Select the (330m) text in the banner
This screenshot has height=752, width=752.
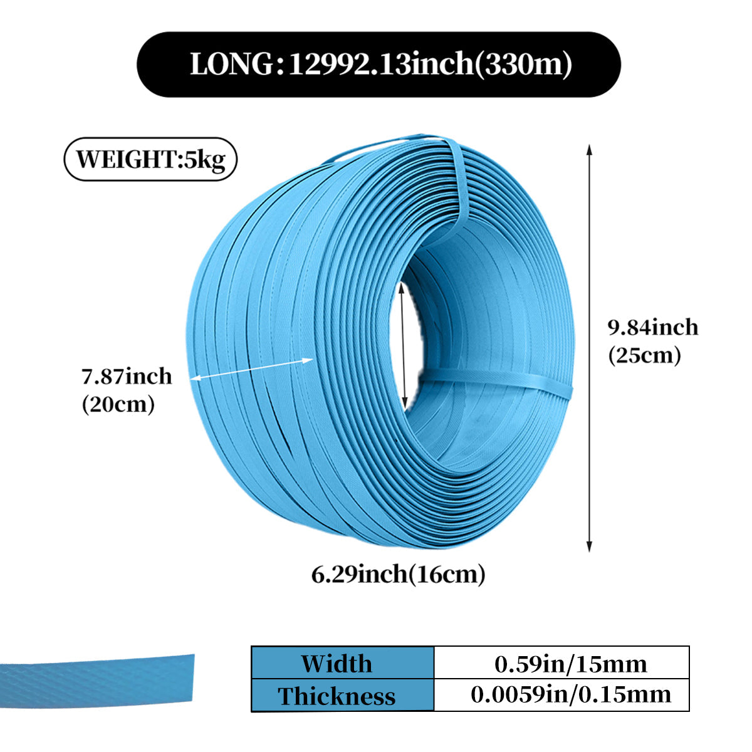[x=523, y=65]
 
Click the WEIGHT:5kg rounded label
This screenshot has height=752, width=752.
[x=150, y=159]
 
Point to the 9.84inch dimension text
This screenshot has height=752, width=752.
[x=652, y=327]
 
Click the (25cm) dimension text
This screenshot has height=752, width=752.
[x=644, y=355]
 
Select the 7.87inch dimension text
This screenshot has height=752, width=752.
[x=127, y=376]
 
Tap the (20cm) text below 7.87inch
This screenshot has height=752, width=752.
[x=118, y=404]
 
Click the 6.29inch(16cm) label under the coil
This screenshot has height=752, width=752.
[x=399, y=573]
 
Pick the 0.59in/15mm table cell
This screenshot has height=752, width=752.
[x=570, y=663]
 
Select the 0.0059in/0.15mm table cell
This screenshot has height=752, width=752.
[x=570, y=694]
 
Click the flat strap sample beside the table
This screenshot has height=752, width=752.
[x=97, y=680]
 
